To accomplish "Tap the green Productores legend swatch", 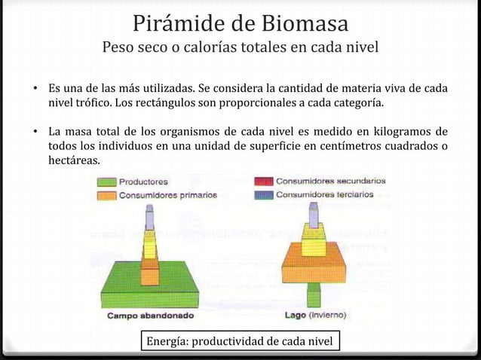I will click(106, 182).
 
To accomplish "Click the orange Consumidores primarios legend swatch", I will click(106, 194).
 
